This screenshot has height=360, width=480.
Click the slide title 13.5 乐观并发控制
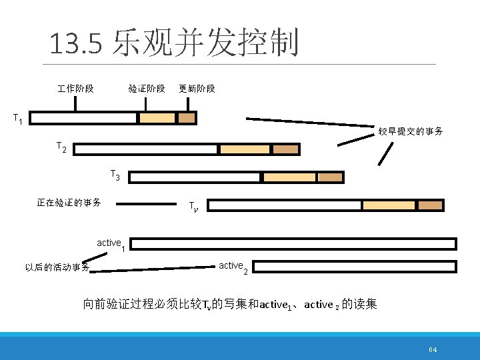tap(173, 43)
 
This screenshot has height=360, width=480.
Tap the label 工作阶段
tap(75, 89)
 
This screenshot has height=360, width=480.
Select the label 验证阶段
tap(147, 89)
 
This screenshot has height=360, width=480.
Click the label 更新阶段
tap(197, 89)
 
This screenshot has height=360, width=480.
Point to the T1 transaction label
tap(19, 119)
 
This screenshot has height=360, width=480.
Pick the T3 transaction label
tap(115, 175)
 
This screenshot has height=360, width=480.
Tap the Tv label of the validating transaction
tap(192, 206)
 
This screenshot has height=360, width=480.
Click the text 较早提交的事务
tap(411, 131)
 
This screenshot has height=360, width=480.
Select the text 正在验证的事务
tap(69, 203)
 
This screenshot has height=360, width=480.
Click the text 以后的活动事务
tap(57, 268)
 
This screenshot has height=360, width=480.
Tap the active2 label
tap(233, 267)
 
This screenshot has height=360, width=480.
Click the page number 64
tap(433, 350)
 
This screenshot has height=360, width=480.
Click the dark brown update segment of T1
tap(187, 118)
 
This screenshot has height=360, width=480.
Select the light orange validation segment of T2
tap(245, 149)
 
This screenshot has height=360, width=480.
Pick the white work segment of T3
tap(194, 177)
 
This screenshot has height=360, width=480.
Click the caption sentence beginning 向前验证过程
tap(230, 305)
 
